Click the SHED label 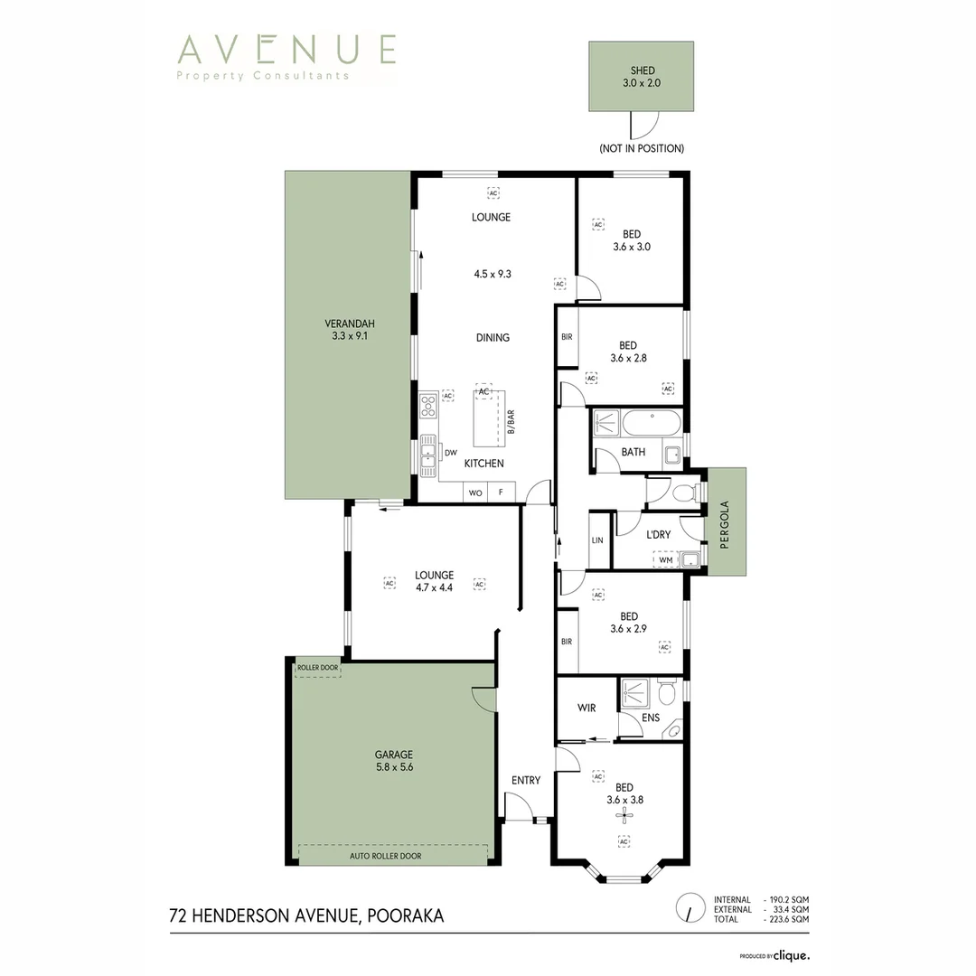click(642, 71)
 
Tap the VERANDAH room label click(350, 324)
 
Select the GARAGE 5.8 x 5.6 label click(395, 761)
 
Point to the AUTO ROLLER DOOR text click(385, 856)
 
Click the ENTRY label click(526, 781)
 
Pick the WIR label click(587, 708)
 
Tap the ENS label click(651, 718)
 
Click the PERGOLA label click(724, 525)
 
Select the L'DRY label click(659, 534)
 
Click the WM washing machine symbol click(666, 559)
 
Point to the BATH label click(633, 452)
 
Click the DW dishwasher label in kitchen click(451, 453)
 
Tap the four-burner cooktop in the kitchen click(428, 405)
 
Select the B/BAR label click(511, 421)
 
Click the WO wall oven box click(475, 493)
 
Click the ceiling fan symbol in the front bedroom click(621, 815)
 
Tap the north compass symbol click(690, 909)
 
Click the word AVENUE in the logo click(287, 49)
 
